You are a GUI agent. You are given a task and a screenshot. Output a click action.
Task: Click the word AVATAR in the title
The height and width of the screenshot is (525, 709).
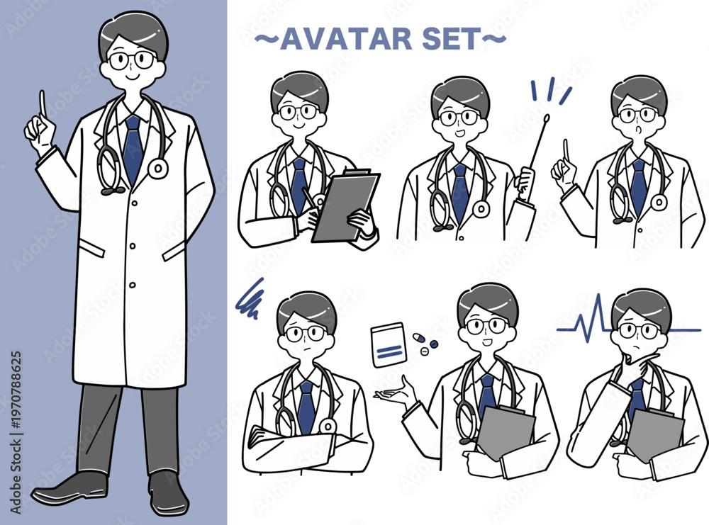(347, 39)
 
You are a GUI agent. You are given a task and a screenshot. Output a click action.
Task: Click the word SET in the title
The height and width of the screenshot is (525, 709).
(451, 39)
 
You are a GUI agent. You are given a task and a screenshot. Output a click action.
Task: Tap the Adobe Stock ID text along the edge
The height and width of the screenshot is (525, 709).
(16, 432)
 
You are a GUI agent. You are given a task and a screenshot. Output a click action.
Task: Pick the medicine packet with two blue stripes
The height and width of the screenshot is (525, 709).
(389, 345)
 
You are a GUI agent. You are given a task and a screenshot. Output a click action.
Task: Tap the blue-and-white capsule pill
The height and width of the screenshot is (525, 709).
(419, 337)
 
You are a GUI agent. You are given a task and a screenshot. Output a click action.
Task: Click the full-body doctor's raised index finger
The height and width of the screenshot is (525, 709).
(43, 103)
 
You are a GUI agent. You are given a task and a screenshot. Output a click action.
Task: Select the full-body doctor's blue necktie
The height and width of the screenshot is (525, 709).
(133, 148)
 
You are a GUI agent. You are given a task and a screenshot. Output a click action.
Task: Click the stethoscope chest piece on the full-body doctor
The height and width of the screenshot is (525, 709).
(158, 169)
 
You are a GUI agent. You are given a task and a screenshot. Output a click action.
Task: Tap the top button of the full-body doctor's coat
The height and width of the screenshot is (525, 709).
(134, 204)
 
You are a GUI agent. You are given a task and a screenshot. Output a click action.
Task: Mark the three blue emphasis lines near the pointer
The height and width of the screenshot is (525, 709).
(550, 91)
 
